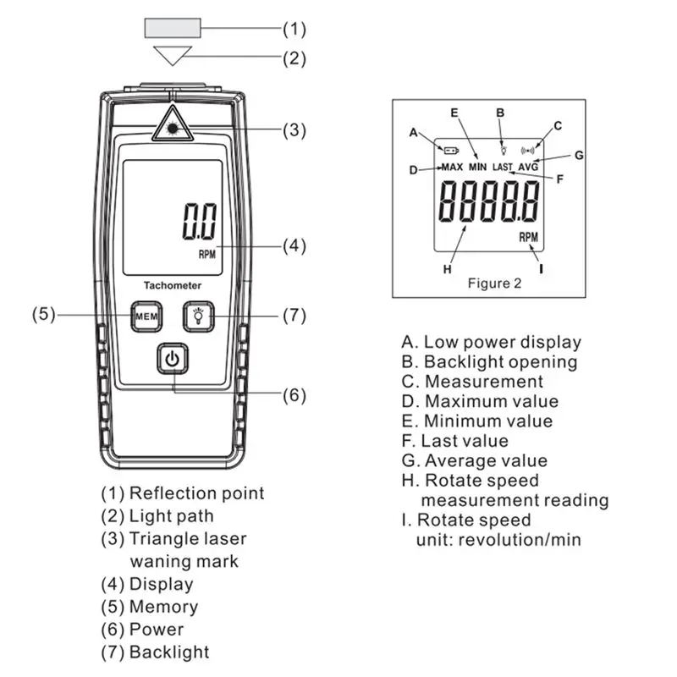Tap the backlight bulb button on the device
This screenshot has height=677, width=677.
(x=200, y=316)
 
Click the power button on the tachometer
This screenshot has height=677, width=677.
(x=172, y=359)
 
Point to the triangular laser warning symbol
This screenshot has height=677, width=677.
(x=173, y=126)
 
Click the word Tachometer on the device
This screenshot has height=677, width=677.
(x=172, y=285)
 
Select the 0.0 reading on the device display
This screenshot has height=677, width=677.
(x=200, y=223)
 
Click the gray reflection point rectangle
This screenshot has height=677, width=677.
(x=173, y=29)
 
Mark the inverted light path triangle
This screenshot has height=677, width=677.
(x=173, y=57)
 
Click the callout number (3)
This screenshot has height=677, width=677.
(x=294, y=130)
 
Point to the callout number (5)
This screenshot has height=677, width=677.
(x=44, y=315)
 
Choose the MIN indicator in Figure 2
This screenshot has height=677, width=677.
(x=478, y=167)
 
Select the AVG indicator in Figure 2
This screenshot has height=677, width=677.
(x=528, y=167)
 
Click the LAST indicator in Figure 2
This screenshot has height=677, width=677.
(x=504, y=167)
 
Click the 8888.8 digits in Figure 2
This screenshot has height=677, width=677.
(x=489, y=203)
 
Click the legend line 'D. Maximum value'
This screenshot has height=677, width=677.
(x=480, y=401)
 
